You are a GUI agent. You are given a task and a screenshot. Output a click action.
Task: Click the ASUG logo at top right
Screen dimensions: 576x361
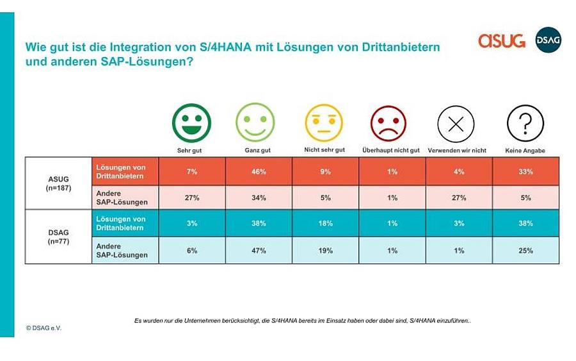[x=501, y=40]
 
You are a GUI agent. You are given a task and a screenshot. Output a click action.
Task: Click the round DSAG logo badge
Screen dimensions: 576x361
[x=548, y=40]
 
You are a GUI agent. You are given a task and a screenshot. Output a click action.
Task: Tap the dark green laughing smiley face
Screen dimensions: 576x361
[x=191, y=123]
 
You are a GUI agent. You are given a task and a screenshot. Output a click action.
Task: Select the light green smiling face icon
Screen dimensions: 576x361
[x=255, y=122]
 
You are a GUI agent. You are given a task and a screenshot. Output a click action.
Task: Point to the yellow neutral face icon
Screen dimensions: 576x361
[x=324, y=123]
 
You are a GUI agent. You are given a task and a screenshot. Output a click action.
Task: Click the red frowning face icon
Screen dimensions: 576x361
[x=388, y=124]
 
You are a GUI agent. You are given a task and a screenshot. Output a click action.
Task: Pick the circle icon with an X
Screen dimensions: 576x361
[x=456, y=124]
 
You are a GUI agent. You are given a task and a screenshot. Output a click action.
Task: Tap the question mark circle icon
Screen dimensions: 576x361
[x=525, y=123]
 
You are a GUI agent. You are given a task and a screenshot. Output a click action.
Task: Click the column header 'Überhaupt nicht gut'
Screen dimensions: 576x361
[x=391, y=150]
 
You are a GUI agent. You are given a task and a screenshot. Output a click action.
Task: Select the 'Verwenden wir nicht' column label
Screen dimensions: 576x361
[x=457, y=151]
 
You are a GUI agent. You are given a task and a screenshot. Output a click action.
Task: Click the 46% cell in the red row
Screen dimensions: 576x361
[x=259, y=171]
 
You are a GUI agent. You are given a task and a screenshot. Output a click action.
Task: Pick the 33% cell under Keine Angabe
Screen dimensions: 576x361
[x=525, y=171]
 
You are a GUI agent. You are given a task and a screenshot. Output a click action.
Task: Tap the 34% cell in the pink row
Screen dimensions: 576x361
[x=259, y=197]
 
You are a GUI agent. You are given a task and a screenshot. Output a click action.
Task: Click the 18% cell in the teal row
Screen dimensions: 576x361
[x=326, y=223]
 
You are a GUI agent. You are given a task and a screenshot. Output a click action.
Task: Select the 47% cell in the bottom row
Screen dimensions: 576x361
[x=259, y=251]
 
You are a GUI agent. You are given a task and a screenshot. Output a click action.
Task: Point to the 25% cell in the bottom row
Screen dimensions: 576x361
[x=525, y=251]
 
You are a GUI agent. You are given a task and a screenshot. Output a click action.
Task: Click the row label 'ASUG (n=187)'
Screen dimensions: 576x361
[x=58, y=183]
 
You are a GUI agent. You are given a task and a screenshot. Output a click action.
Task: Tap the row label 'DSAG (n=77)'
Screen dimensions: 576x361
[x=58, y=237]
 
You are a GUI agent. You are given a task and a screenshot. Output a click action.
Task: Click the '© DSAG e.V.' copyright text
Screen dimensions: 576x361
[x=44, y=328]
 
